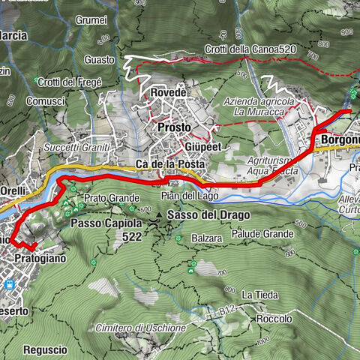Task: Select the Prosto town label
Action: click(x=174, y=127)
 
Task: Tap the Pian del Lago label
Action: click(x=189, y=195)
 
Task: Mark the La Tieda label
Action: click(x=258, y=293)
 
